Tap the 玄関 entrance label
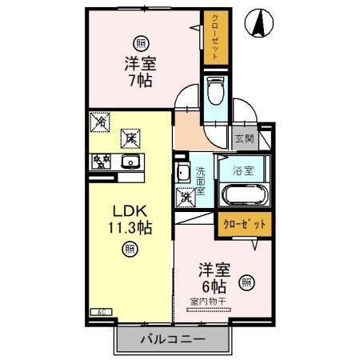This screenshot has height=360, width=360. pyautogui.click(x=243, y=138)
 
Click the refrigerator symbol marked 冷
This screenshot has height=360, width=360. pyautogui.click(x=101, y=123)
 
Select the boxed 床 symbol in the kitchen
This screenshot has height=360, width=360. pyautogui.click(x=129, y=138)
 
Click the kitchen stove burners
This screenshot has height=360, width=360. pyautogui.click(x=101, y=163)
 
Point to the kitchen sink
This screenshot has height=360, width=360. pyautogui.click(x=130, y=163)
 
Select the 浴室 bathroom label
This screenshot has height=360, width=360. pyautogui.click(x=243, y=170)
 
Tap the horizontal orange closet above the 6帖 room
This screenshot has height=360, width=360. pyautogui.click(x=243, y=225)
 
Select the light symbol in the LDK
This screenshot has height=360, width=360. pyautogui.click(x=128, y=250)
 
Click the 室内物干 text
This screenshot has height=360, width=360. pyautogui.click(x=208, y=302)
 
